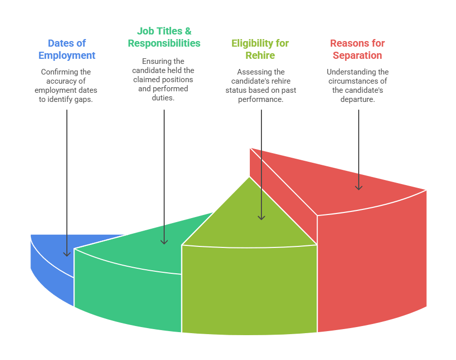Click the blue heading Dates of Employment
(66, 49)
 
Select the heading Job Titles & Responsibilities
(164, 37)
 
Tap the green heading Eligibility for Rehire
(260, 49)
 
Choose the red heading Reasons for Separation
(357, 49)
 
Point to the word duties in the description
(164, 98)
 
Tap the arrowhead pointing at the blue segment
(66, 253)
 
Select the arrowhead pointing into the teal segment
(164, 241)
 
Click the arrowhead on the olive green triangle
(261, 217)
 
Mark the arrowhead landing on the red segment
(358, 187)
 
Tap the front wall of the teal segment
(127, 294)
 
